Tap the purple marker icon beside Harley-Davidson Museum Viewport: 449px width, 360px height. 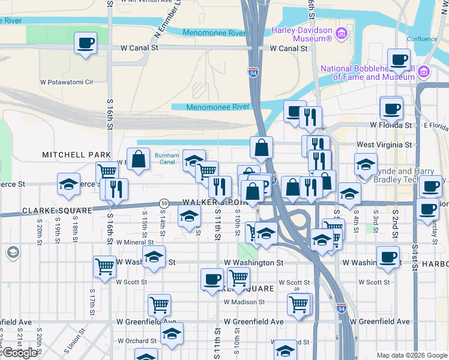coord(343,31)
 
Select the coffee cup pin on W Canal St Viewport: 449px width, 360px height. coord(85,43)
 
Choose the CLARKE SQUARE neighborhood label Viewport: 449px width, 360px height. coord(57,211)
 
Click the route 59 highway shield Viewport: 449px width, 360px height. coord(163,203)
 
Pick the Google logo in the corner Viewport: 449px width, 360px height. coord(20,353)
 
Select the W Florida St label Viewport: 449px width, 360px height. coord(391,125)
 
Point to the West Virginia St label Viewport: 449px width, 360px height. coord(384,145)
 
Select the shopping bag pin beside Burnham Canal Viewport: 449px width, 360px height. coord(139,160)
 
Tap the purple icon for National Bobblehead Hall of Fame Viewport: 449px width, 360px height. coord(424,72)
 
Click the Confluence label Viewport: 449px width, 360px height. coord(422,39)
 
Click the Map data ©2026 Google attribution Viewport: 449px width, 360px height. coord(412,355)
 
